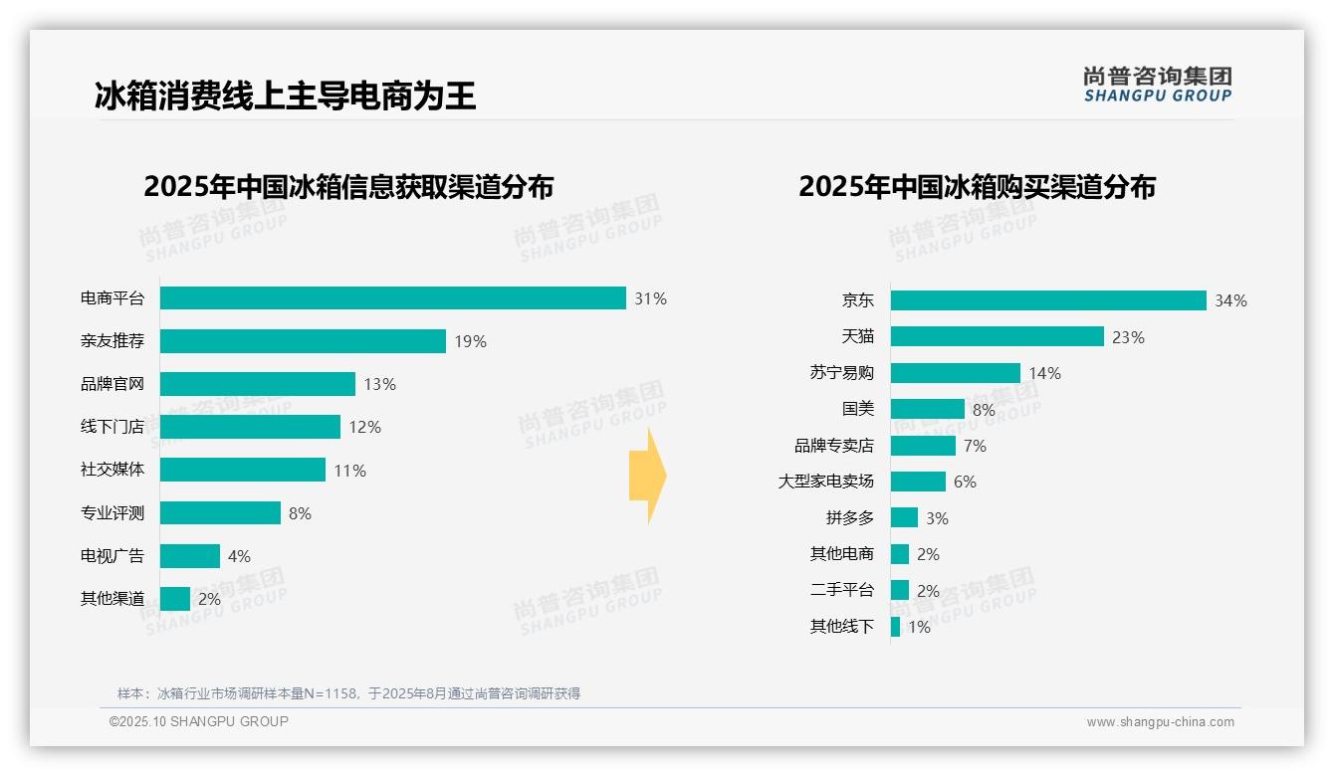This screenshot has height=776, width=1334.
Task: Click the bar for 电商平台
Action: click(x=392, y=298)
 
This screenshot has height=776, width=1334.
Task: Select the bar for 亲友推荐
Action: click(x=303, y=341)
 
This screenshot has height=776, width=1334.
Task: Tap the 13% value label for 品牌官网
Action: click(x=379, y=384)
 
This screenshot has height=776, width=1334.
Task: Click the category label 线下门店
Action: click(x=111, y=427)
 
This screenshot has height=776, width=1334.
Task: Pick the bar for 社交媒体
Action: click(x=243, y=470)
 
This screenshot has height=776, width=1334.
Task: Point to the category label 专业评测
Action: click(x=111, y=513)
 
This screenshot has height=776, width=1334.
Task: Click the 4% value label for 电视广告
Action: click(x=239, y=556)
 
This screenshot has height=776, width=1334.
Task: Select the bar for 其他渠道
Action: click(x=175, y=599)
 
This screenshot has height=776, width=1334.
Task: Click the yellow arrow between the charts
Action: click(x=647, y=477)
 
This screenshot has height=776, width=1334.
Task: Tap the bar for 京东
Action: click(x=1048, y=300)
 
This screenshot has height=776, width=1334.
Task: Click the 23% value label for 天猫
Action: click(x=1128, y=337)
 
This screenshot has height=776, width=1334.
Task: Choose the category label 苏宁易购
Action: click(x=841, y=373)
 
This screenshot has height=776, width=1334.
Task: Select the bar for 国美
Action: click(x=928, y=409)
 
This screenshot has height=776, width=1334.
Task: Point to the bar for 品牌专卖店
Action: click(x=923, y=446)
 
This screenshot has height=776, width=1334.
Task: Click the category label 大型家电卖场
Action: click(x=825, y=482)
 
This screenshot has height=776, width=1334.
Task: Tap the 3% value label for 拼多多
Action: click(x=936, y=518)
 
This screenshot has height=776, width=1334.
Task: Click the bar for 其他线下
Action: click(x=895, y=627)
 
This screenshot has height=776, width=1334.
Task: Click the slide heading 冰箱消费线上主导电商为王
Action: click(x=285, y=96)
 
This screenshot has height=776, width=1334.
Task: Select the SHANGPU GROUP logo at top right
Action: click(x=1157, y=85)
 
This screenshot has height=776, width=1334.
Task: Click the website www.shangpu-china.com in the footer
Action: click(x=1160, y=722)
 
